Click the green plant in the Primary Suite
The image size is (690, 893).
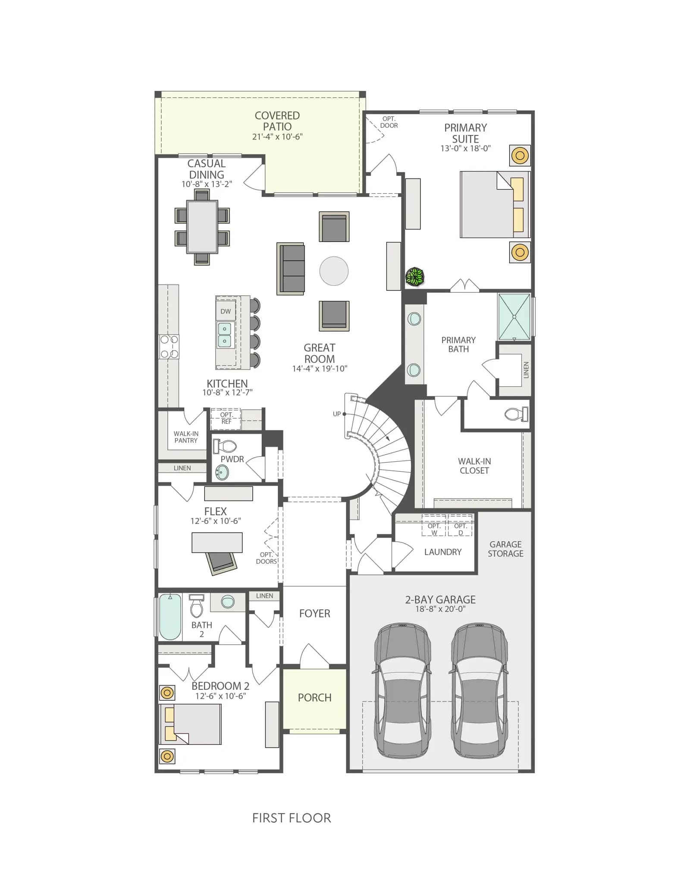(x=415, y=276)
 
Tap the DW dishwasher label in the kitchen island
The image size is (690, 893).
(x=226, y=311)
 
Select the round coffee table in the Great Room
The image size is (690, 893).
(x=334, y=271)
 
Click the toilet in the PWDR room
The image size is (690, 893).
(x=225, y=446)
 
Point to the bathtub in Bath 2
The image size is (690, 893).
(x=170, y=617)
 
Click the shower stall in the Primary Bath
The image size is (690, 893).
(x=514, y=317)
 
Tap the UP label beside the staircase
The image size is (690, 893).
(x=337, y=414)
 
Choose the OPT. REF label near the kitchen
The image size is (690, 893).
(x=226, y=418)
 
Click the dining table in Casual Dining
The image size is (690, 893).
(x=202, y=226)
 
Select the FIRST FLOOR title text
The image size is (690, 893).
(x=292, y=818)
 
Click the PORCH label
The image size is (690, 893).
(x=315, y=698)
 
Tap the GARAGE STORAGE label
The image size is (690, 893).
(x=505, y=549)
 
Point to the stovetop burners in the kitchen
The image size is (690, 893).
(x=169, y=347)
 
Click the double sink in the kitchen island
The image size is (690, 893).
(x=225, y=335)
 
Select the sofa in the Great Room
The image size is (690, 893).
(x=291, y=269)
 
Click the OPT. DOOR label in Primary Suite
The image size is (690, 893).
(x=389, y=122)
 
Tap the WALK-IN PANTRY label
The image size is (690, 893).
(x=186, y=437)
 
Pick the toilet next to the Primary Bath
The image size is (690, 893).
(x=516, y=414)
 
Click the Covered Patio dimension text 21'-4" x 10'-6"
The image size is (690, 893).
(x=277, y=137)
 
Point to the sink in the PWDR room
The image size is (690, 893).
(x=222, y=473)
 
